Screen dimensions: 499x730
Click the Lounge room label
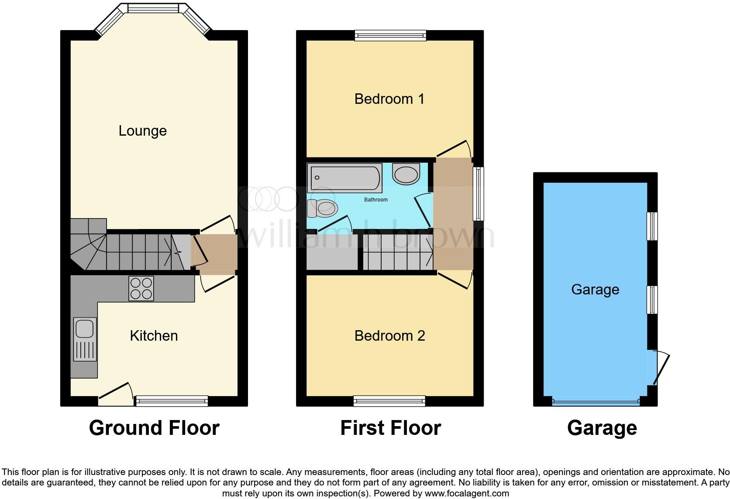pyautogui.click(x=143, y=131)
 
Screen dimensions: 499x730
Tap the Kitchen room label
pyautogui.click(x=154, y=335)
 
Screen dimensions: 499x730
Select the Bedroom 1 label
pyautogui.click(x=389, y=99)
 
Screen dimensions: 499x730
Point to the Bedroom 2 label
pyautogui.click(x=389, y=335)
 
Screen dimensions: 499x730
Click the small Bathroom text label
pyautogui.click(x=376, y=200)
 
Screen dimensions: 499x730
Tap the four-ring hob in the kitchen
pyautogui.click(x=141, y=288)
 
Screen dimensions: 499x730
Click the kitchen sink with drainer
pyautogui.click(x=85, y=339)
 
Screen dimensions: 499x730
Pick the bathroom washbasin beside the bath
pyautogui.click(x=406, y=174)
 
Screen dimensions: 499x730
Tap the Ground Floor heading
pyautogui.click(x=154, y=428)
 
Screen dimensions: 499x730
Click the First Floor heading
pyautogui.click(x=390, y=428)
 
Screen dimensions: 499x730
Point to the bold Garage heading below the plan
pyautogui.click(x=602, y=428)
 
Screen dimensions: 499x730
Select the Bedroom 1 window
pyautogui.click(x=390, y=35)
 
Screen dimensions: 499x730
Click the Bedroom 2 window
pyautogui.click(x=389, y=401)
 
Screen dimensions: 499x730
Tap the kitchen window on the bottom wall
pyautogui.click(x=172, y=401)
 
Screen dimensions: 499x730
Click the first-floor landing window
pyautogui.click(x=479, y=194)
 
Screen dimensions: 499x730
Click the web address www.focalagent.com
pyautogui.click(x=467, y=494)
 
